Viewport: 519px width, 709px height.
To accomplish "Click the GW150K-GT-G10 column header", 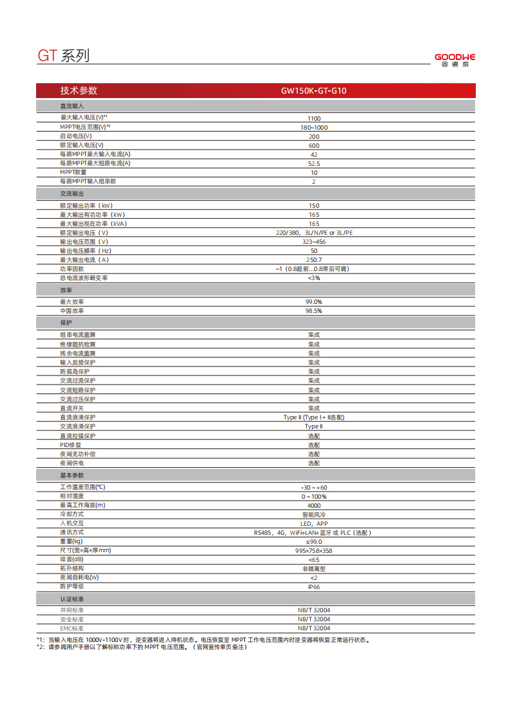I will pos(313,91).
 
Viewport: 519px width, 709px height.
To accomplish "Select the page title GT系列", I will pos(63,56).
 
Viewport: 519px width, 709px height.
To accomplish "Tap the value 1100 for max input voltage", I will pos(313,119).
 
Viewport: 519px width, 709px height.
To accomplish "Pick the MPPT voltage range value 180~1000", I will pos(313,128).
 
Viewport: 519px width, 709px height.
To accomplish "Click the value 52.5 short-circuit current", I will pos(313,164).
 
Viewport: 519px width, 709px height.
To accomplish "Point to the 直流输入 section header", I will pos(72,105).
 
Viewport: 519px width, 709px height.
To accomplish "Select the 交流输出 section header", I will pos(72,194).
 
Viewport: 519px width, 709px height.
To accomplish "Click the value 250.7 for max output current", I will pos(313,259).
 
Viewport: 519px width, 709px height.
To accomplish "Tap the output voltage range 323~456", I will pos(313,241).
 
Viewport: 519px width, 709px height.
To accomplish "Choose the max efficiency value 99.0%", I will pos(313,302).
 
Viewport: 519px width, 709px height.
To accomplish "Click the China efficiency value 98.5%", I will pos(313,311).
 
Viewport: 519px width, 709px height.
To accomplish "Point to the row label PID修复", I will pos(71,445).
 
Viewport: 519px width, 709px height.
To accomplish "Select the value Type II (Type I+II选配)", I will pos(313,417).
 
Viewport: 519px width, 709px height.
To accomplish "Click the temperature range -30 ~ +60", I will pos(313,487).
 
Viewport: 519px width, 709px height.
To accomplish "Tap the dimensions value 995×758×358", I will pos(313,550).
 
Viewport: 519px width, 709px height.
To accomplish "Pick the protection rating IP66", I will pos(313,587).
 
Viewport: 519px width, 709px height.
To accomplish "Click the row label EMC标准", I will pos(72,628).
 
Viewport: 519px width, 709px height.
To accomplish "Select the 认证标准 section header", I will pos(72,599).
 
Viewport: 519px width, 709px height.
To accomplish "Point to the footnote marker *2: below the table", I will pos(41,646).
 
